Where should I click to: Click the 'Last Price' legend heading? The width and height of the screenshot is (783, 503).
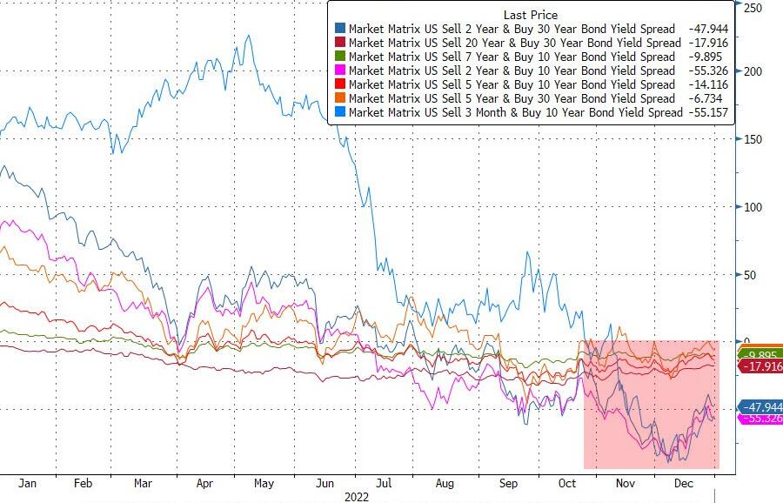[x=531, y=15]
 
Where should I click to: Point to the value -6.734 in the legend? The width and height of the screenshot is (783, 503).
[x=710, y=99]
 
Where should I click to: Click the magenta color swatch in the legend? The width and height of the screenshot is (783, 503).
[x=337, y=71]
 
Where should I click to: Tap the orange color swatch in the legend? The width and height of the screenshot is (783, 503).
[x=337, y=99]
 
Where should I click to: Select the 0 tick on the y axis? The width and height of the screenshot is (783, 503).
[x=746, y=341]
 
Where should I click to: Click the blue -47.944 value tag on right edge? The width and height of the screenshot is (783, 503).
[x=763, y=406]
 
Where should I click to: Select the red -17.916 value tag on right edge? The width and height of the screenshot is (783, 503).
[x=763, y=367]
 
